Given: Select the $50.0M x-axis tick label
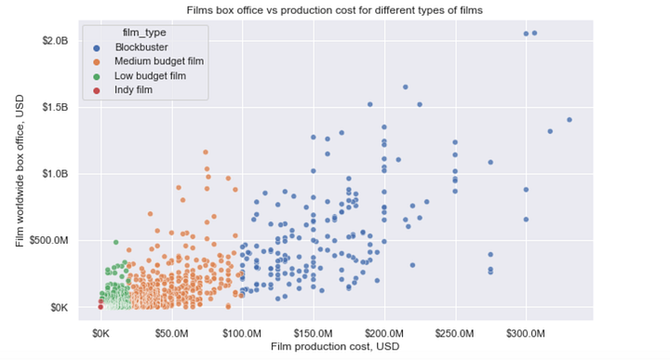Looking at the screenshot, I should coord(172,332).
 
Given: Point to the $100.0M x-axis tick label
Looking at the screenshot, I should coord(242,332).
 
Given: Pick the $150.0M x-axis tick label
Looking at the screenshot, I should coord(313,332).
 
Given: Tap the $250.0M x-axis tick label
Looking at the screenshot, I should coord(455,332).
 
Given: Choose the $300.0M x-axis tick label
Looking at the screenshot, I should coord(526,332).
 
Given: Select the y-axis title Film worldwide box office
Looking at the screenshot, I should coord(20,174).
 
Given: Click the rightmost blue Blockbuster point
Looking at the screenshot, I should coord(569,120).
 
